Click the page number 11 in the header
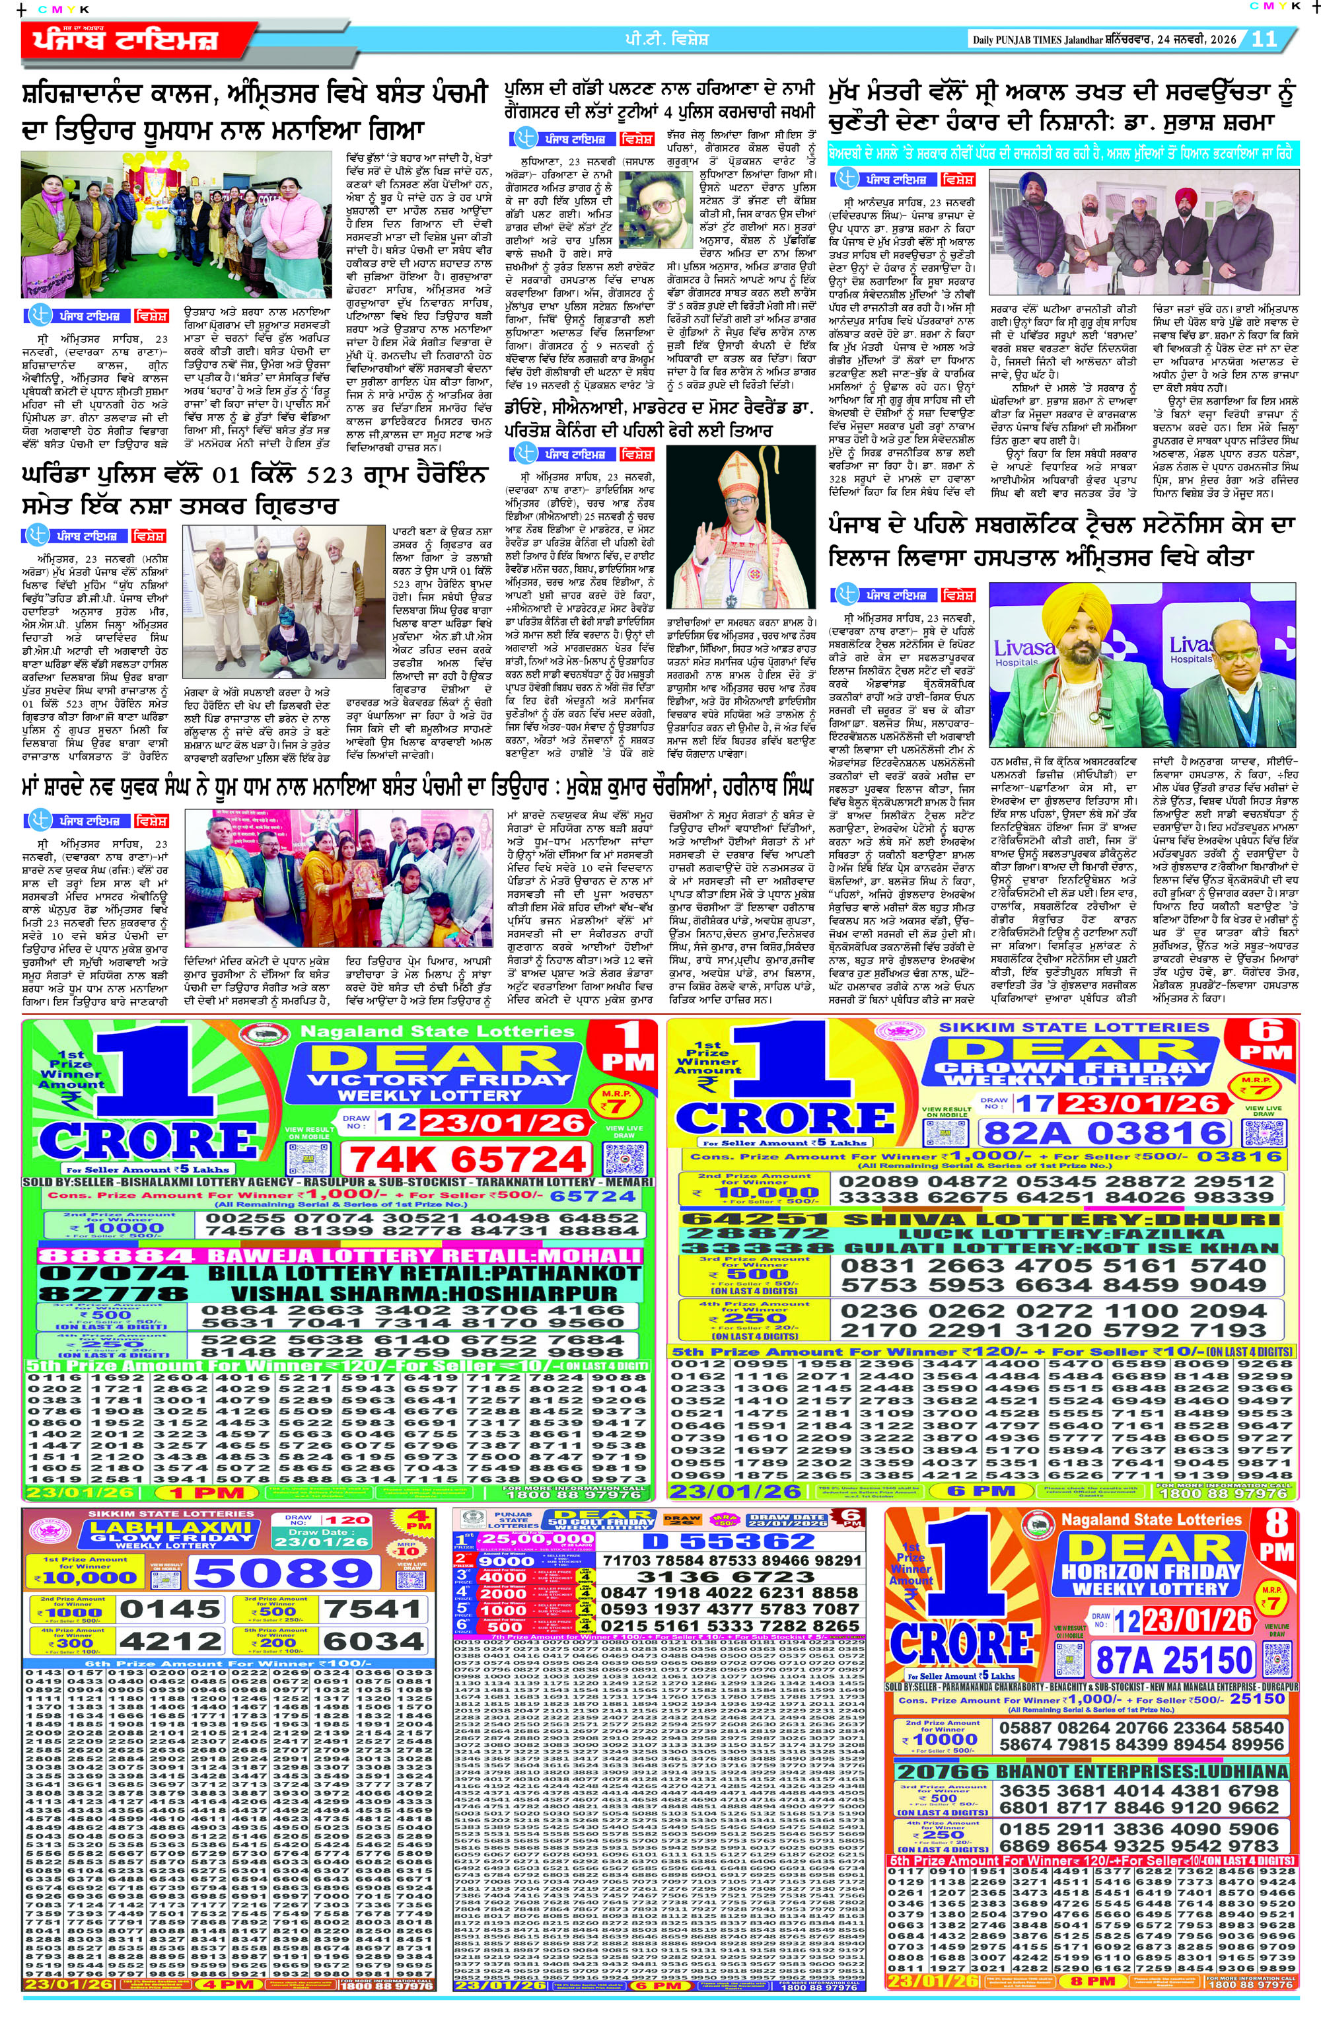(1264, 39)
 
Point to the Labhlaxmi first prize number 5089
(283, 1574)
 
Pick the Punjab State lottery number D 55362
(729, 1541)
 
